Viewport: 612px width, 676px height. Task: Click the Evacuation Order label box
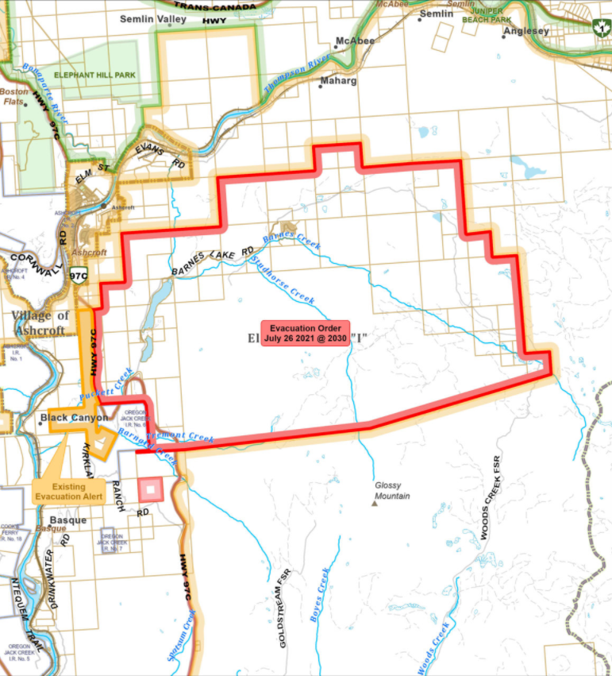click(x=305, y=334)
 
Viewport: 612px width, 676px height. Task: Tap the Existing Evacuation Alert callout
click(x=69, y=492)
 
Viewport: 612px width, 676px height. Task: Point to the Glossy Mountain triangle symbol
click(x=375, y=502)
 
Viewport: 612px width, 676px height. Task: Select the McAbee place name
click(x=355, y=40)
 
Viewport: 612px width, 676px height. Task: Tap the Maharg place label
click(x=338, y=81)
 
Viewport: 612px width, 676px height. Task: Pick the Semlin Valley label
click(x=152, y=18)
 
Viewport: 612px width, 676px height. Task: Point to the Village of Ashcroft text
click(x=40, y=322)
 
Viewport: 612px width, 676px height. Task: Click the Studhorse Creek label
click(x=282, y=280)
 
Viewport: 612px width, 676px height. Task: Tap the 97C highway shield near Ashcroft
click(x=79, y=276)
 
